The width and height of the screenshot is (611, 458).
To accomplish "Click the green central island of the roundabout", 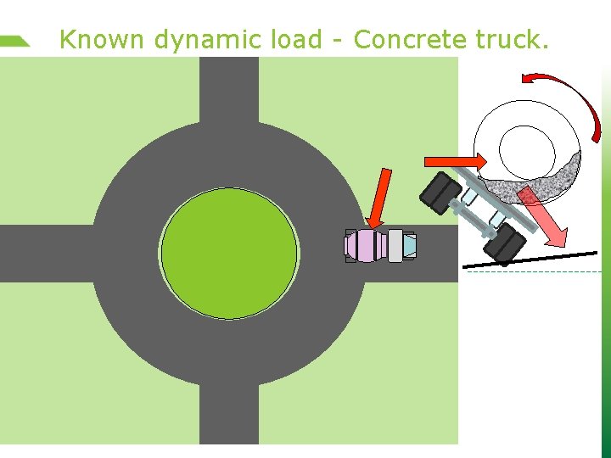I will click(x=229, y=251).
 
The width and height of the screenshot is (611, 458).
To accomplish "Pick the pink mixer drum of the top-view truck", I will click(x=367, y=246).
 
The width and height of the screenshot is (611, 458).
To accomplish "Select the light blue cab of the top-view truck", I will click(x=409, y=246).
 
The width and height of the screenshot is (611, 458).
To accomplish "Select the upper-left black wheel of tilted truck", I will click(x=440, y=193).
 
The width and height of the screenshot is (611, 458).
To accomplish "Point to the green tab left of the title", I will click(x=15, y=40).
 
